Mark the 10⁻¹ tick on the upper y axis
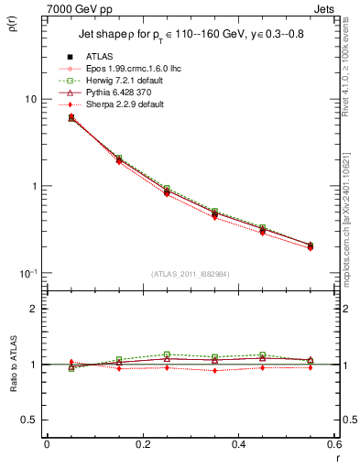tap(27, 274)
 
